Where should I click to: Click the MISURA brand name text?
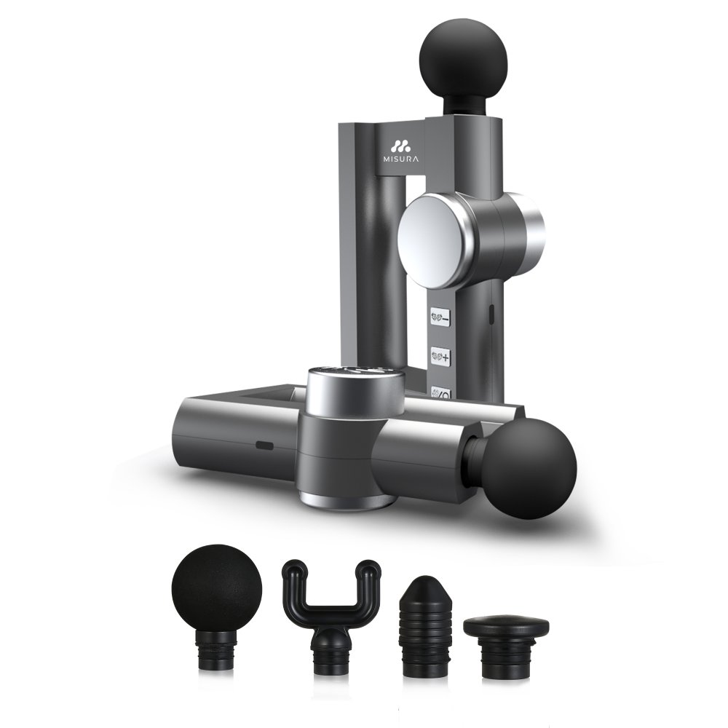coord(401,159)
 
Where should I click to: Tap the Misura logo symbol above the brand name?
coord(400,146)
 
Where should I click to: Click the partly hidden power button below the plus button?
coord(441,392)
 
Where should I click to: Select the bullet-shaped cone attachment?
coord(423,626)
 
